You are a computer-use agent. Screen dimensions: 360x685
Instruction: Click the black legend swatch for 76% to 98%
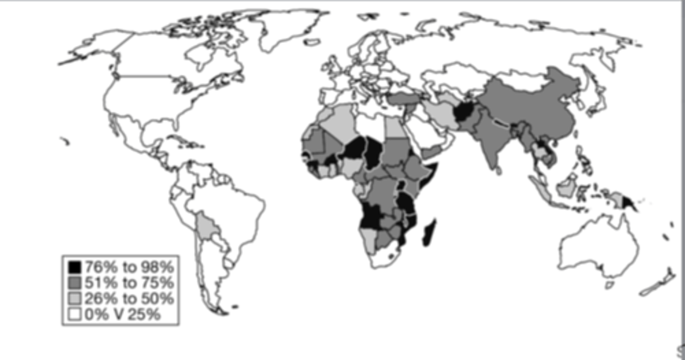(75, 267)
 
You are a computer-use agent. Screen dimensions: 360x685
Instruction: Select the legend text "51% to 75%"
(129, 283)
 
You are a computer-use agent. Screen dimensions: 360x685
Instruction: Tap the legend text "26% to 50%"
(129, 299)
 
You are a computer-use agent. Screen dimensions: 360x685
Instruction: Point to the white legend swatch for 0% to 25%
(75, 314)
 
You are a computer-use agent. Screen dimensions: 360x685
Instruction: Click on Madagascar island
(429, 233)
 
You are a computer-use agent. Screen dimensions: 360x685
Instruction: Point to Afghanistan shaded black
(464, 113)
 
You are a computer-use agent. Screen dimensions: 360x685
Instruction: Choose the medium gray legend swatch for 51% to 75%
(75, 283)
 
